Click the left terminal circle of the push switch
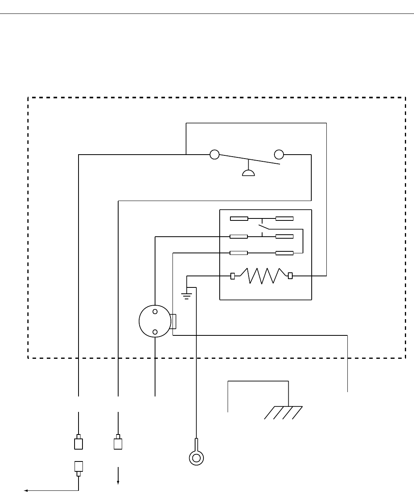215,154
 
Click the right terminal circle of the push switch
279,154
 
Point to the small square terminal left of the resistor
233,276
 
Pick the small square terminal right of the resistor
290,276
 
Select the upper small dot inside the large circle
155,311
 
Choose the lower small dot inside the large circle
155,332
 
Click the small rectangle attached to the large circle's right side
173,321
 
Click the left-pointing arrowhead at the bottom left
26,491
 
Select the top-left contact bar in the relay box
239,218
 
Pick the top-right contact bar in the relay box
284,218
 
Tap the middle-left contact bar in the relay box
239,237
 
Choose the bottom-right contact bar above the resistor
284,253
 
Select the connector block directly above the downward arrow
118,443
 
